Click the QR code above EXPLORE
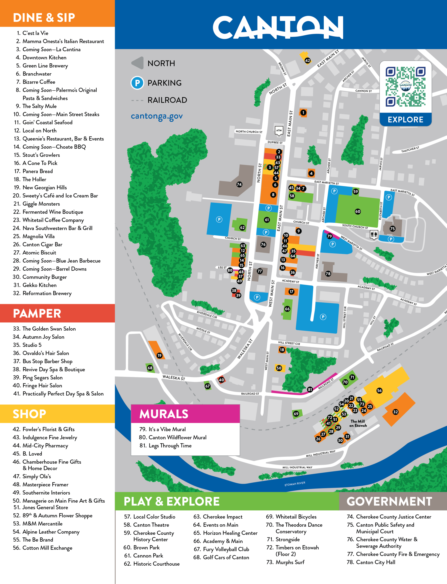(x=405, y=87)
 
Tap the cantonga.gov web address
(x=157, y=116)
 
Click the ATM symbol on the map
(x=279, y=130)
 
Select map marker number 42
(x=307, y=60)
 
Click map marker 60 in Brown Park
(x=358, y=211)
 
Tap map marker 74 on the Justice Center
(x=239, y=184)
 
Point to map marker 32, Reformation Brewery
(x=395, y=412)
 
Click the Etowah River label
(x=295, y=484)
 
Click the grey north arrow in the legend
(x=138, y=63)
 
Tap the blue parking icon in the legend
(x=137, y=83)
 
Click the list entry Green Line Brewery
(x=45, y=65)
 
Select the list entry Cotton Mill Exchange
(x=47, y=548)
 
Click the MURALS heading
(x=164, y=414)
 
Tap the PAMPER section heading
(x=37, y=313)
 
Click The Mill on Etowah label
(x=358, y=423)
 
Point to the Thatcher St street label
(x=410, y=150)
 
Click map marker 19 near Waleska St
(x=159, y=355)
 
